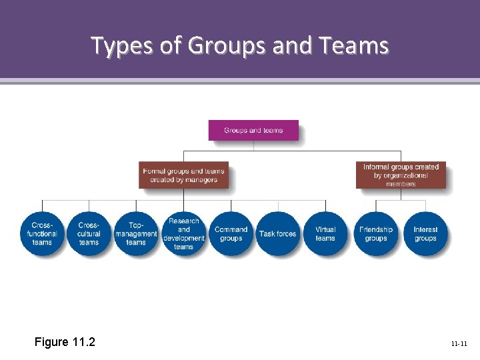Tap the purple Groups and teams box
pyautogui.click(x=253, y=130)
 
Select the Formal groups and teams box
pyautogui.click(x=184, y=175)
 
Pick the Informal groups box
pyautogui.click(x=401, y=175)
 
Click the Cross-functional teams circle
pyautogui.click(x=42, y=233)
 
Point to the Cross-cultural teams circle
pyautogui.click(x=89, y=233)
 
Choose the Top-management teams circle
pyautogui.click(x=136, y=233)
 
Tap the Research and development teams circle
pyautogui.click(x=183, y=233)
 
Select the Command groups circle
pyautogui.click(x=231, y=233)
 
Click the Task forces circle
pyautogui.click(x=278, y=233)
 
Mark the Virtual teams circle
pyautogui.click(x=325, y=233)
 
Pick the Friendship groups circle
pyautogui.click(x=376, y=233)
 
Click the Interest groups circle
pyautogui.click(x=425, y=233)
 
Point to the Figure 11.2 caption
pyautogui.click(x=65, y=342)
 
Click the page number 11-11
pyautogui.click(x=459, y=344)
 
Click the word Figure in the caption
pyautogui.click(x=51, y=342)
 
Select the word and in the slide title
pyautogui.click(x=293, y=45)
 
